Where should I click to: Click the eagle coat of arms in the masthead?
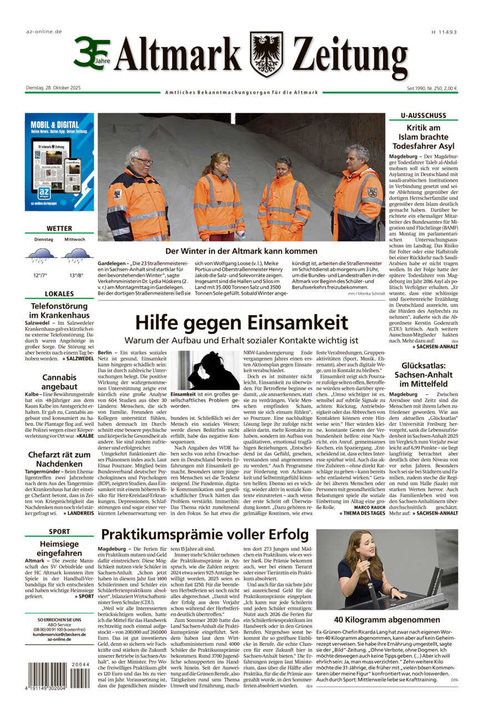point(266,54)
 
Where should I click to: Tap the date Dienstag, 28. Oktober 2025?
point(53,88)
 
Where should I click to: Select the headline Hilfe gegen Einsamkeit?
point(241,322)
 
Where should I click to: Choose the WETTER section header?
point(59,228)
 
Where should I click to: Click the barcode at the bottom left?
point(47,675)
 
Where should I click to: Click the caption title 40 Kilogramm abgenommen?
point(387,620)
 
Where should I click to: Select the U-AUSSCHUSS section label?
point(424,116)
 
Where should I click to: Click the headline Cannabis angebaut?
point(59,382)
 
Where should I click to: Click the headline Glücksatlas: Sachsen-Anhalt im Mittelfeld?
point(423,374)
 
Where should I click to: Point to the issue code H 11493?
point(444,32)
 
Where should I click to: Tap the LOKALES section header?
point(59,294)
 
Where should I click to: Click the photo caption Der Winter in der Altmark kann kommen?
point(241,251)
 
